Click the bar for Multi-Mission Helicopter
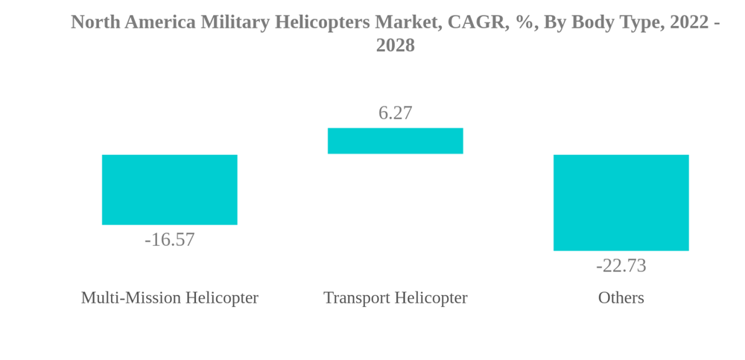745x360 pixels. pyautogui.click(x=169, y=189)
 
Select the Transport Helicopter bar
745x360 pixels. pyautogui.click(x=395, y=141)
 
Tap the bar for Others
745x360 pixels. pyautogui.click(x=621, y=202)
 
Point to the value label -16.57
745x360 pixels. pyautogui.click(x=169, y=239)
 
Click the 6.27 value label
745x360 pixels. pyautogui.click(x=395, y=113)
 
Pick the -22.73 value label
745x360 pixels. pyautogui.click(x=621, y=265)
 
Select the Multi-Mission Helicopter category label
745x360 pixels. pyautogui.click(x=169, y=297)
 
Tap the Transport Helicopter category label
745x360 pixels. pyautogui.click(x=395, y=297)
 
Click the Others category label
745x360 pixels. pyautogui.click(x=621, y=297)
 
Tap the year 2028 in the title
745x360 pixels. pyautogui.click(x=395, y=45)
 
